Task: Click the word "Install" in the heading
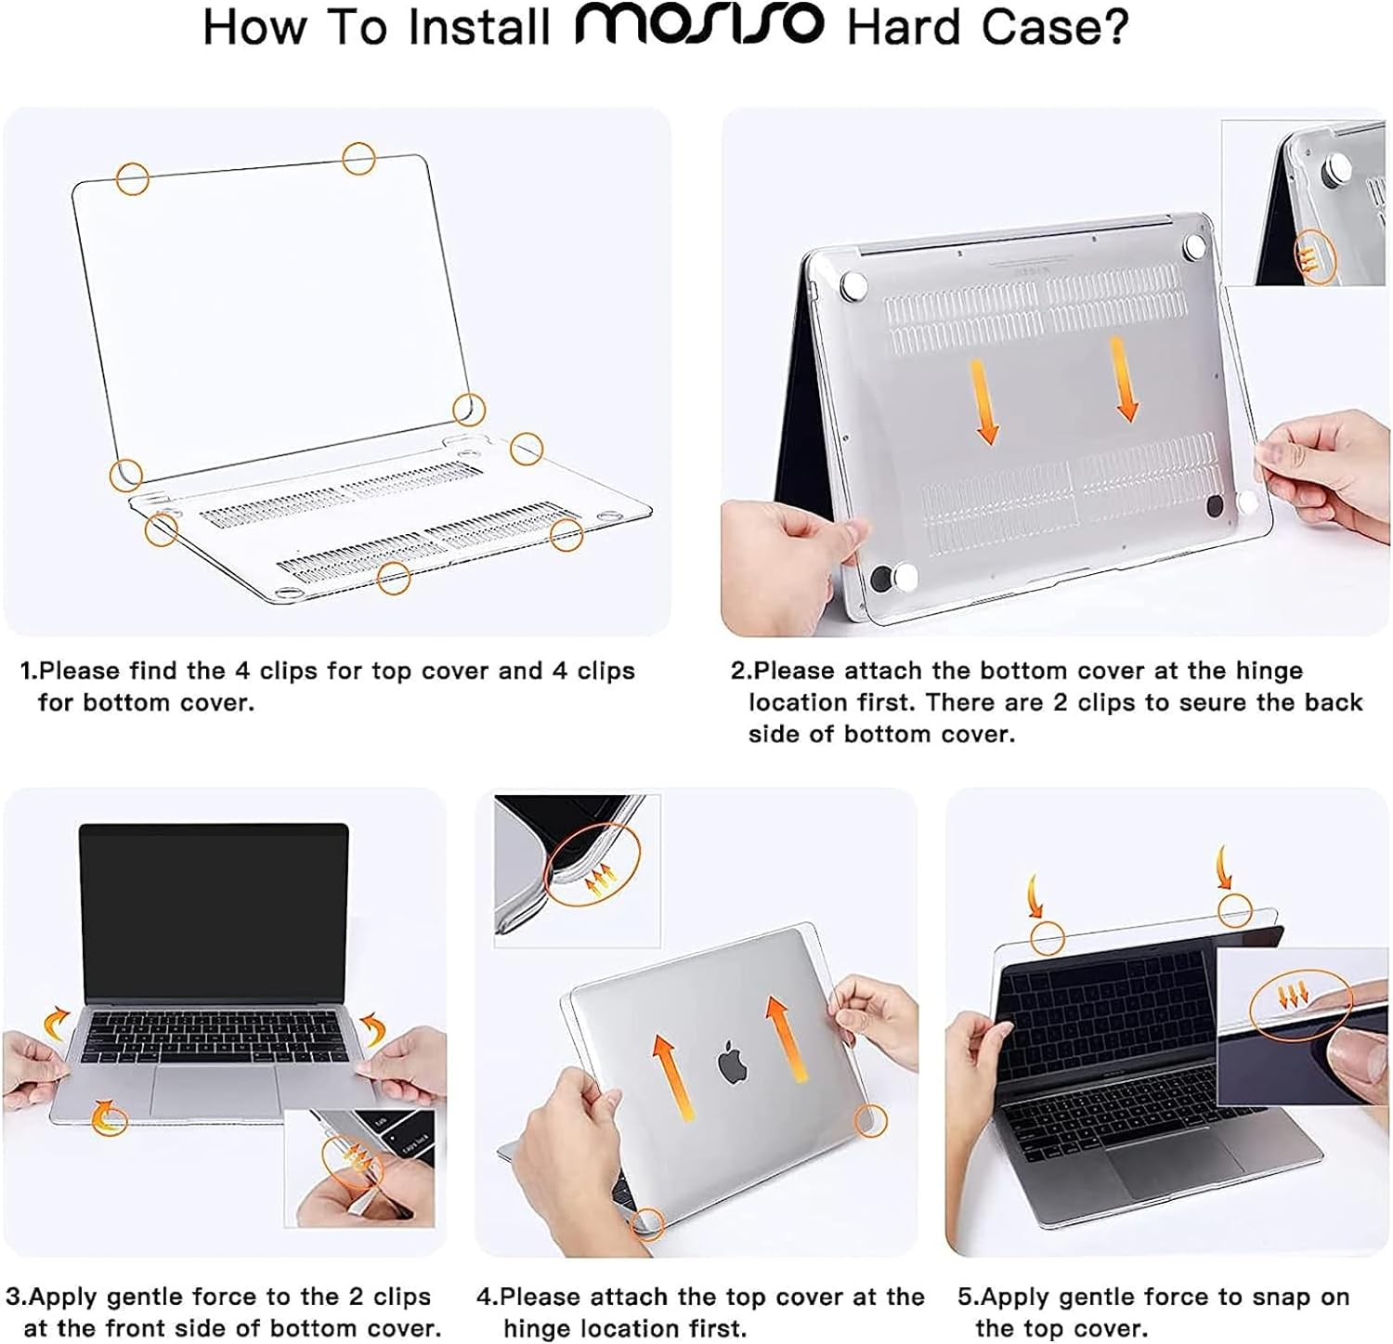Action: (x=479, y=27)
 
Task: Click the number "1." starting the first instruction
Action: (x=30, y=671)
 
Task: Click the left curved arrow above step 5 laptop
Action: (x=1035, y=897)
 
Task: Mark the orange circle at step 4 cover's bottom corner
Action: (x=647, y=1222)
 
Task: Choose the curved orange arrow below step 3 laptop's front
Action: (x=108, y=1115)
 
